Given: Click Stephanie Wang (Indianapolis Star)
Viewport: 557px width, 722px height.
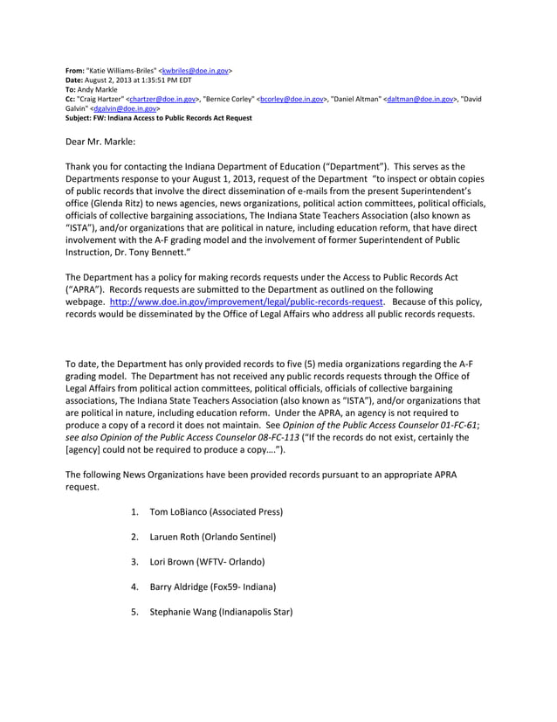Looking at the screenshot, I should tap(221, 612).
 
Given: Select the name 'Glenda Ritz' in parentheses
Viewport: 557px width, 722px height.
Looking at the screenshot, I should tap(129, 194).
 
